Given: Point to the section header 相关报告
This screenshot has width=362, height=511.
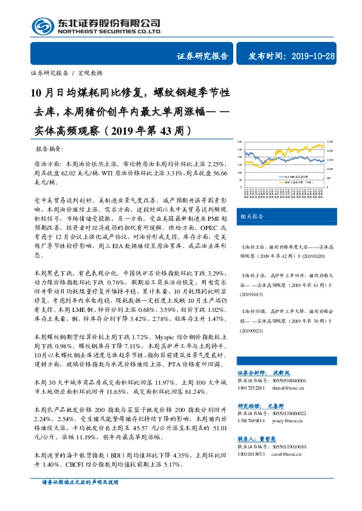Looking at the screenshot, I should pyautogui.click(x=251, y=216).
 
